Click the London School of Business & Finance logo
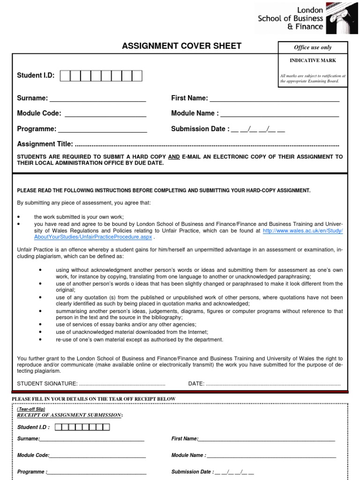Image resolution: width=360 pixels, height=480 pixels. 302,17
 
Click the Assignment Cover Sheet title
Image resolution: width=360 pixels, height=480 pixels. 181,46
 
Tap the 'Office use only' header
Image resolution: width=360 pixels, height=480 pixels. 313,47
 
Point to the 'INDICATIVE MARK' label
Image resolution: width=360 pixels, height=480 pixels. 313,60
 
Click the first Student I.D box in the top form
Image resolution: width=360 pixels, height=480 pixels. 65,76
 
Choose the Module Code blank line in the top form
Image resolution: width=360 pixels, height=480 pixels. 105,115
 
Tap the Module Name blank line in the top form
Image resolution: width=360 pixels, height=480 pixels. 279,115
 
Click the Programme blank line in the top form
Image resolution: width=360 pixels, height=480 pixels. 102,131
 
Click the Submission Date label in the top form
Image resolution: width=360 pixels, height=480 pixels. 200,129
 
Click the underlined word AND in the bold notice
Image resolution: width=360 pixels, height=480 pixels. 174,157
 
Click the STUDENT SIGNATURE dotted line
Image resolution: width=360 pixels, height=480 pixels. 122,384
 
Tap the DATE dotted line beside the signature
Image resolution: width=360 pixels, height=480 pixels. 273,384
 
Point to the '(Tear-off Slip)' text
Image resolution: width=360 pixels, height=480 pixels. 31,409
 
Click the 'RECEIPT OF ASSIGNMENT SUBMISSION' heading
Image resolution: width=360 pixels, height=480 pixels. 70,415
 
